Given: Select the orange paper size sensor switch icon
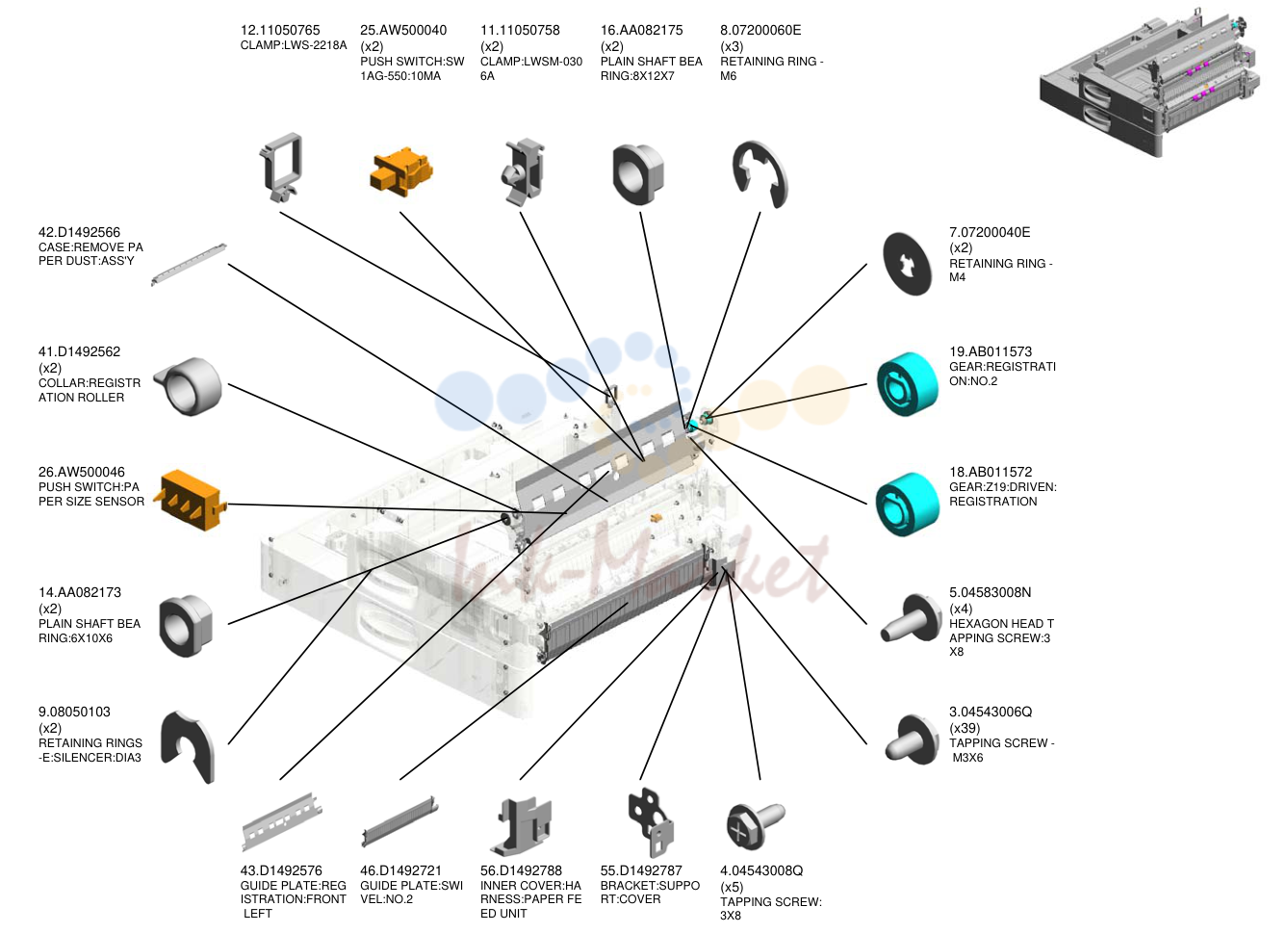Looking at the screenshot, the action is click(191, 500).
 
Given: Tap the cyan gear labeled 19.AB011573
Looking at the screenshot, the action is click(908, 383).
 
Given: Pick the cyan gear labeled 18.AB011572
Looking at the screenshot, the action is click(908, 505).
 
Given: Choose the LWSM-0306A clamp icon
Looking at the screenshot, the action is click(524, 171).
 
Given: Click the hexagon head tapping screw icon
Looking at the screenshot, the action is click(912, 619).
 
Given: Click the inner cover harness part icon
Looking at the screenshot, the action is click(522, 826).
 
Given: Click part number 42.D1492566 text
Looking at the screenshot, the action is click(79, 232).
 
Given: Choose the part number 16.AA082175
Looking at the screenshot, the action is click(642, 30).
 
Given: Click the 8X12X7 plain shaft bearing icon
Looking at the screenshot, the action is click(638, 174).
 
